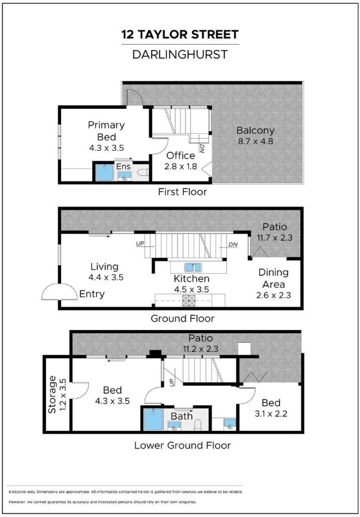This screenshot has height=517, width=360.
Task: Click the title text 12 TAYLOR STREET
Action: tap(180, 34)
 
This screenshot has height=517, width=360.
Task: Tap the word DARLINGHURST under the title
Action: tap(180, 54)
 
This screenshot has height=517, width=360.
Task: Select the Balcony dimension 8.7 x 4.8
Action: tap(255, 142)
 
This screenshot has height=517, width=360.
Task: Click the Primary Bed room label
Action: tap(106, 131)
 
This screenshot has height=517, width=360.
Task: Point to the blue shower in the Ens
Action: tap(105, 172)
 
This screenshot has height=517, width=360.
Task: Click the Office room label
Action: tap(181, 156)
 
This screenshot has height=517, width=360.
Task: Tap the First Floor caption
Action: tap(182, 191)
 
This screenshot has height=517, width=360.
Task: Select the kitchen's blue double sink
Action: tap(194, 266)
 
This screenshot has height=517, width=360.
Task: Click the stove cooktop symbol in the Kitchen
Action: tap(189, 301)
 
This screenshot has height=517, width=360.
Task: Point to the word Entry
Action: tap(92, 294)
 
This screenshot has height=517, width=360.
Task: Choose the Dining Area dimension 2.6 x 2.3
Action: tap(273, 295)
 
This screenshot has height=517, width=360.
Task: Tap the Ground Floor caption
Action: tap(183, 318)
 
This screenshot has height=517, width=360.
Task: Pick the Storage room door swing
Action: tap(79, 391)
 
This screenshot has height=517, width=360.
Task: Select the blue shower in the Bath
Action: tap(153, 419)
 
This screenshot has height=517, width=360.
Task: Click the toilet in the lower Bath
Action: tap(199, 424)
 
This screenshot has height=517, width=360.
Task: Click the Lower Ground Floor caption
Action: tap(182, 446)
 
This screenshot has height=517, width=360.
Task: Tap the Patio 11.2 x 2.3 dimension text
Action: tap(200, 348)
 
